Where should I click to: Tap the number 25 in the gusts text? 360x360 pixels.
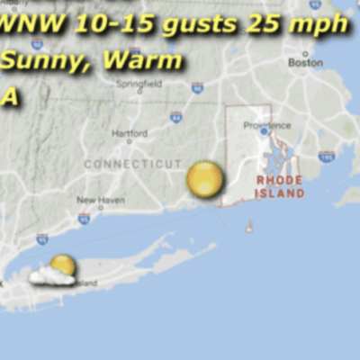[x=261, y=24]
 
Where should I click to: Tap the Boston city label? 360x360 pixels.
[x=305, y=63]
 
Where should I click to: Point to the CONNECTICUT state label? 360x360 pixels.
[x=132, y=164]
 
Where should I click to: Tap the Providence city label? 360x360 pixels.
[x=268, y=125]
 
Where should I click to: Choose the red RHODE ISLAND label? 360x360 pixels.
[x=280, y=186]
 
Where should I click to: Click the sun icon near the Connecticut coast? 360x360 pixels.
[x=205, y=179]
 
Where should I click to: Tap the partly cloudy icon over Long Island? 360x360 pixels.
[x=54, y=271]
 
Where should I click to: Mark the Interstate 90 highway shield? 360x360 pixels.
[x=197, y=87]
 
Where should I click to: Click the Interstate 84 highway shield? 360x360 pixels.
[x=176, y=116]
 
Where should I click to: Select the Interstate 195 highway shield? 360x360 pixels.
[x=327, y=156]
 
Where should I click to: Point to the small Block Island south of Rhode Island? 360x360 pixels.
[x=249, y=227]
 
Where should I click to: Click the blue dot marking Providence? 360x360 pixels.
[x=264, y=131]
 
